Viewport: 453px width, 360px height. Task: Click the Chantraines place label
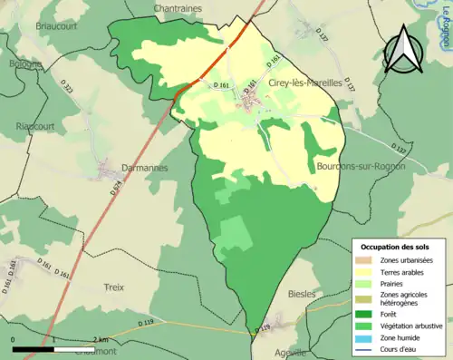(177, 7)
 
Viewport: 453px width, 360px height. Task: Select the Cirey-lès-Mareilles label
(306, 82)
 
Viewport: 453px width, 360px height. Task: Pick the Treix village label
(113, 287)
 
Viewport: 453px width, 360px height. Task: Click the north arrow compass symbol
(404, 54)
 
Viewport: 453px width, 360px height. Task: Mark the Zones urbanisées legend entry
(406, 259)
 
